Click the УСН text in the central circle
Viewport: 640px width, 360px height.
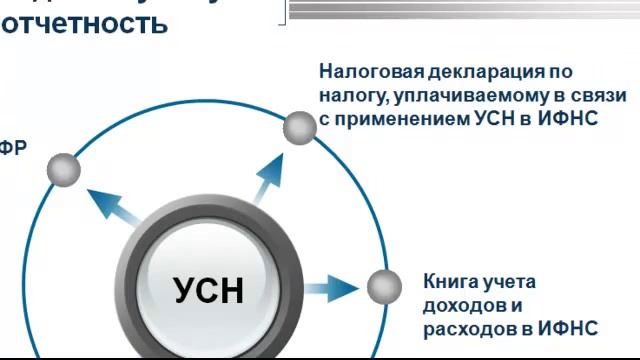pos(208,291)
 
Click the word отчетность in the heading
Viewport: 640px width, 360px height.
pos(84,24)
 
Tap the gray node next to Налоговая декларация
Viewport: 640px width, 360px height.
pos(298,128)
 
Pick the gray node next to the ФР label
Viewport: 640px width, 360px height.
pos(64,170)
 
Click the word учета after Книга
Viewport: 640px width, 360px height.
pos(509,281)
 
